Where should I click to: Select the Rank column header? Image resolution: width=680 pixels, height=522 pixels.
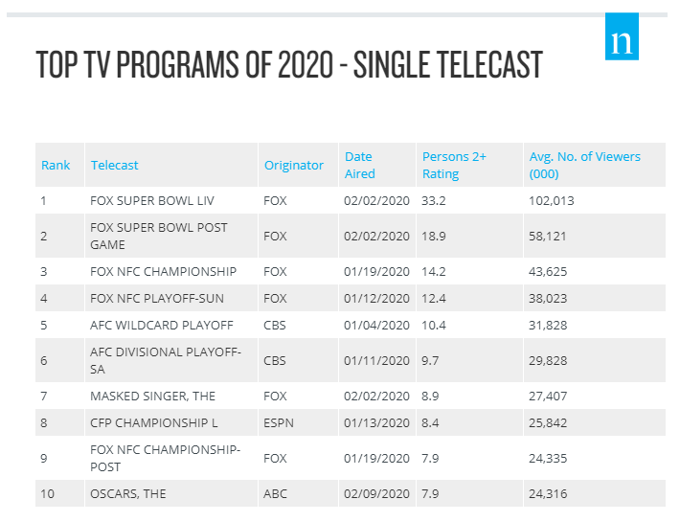[56, 165]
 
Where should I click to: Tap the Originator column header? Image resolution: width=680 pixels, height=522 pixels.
[294, 165]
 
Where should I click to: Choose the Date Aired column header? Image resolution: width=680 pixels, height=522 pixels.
[360, 165]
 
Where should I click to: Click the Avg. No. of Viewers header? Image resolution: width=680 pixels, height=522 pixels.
[584, 165]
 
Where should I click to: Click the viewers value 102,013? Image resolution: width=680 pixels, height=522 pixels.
[552, 201]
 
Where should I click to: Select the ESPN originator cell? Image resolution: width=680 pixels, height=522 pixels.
[278, 422]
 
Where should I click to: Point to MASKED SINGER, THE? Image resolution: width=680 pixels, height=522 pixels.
[153, 395]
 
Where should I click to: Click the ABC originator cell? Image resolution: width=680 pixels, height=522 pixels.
[275, 493]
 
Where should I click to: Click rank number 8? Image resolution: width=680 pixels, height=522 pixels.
[44, 422]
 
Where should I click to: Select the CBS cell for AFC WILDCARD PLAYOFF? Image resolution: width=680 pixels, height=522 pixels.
[275, 325]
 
